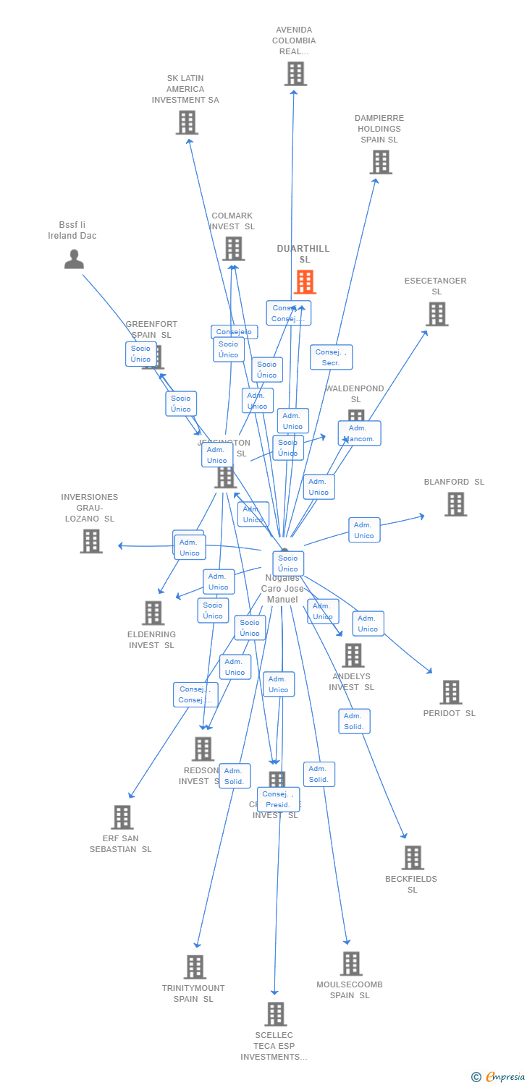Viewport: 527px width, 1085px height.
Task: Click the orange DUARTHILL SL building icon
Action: point(305,282)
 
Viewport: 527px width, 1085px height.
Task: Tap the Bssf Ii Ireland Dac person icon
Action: point(74,259)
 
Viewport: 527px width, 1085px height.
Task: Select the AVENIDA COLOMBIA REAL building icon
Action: point(295,74)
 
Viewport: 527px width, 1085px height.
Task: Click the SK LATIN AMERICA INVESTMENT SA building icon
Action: point(187,122)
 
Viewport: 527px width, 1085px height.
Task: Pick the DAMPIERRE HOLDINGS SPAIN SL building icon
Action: point(381,162)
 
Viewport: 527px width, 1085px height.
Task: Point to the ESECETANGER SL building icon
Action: point(437,314)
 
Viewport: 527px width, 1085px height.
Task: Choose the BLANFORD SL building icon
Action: point(455,504)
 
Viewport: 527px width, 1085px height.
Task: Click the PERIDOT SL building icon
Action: point(450,692)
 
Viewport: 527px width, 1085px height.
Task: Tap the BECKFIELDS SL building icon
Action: point(413,858)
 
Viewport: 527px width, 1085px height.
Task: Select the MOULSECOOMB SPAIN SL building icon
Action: point(351,963)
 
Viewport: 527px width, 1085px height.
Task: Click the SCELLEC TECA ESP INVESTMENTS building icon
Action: point(275,1014)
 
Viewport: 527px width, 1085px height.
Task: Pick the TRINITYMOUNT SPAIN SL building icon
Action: point(195,967)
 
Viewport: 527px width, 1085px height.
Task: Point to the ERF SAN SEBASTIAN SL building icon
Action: point(122,817)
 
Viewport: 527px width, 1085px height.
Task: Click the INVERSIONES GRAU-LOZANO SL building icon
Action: point(91,541)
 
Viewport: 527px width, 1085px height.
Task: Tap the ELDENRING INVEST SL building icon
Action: point(153,613)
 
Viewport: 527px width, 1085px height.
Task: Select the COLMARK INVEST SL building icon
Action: point(233,249)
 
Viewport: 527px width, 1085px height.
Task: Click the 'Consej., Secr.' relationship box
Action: point(332,357)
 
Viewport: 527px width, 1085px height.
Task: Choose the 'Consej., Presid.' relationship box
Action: point(278,799)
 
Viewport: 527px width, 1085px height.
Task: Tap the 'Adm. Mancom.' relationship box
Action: point(359,433)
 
